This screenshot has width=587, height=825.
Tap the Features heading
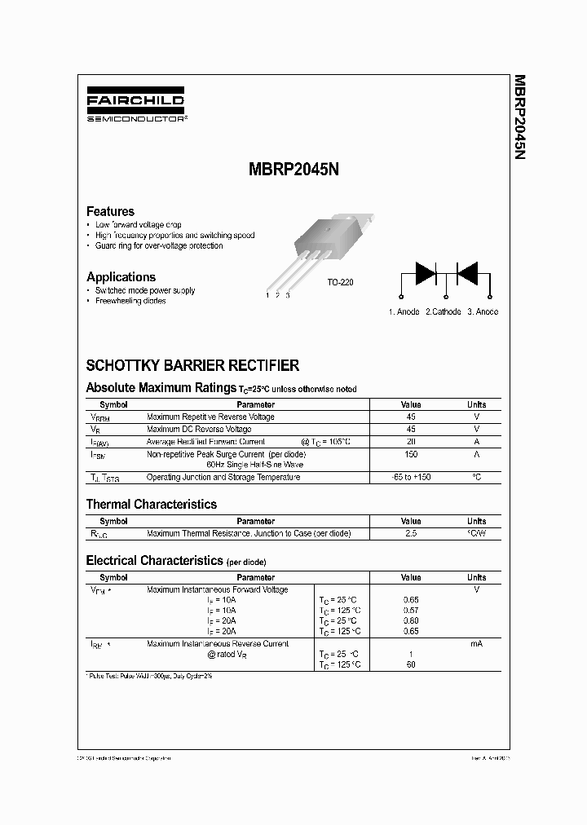pyautogui.click(x=110, y=211)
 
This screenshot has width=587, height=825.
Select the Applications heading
pyautogui.click(x=121, y=277)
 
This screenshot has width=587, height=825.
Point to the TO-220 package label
pyautogui.click(x=340, y=282)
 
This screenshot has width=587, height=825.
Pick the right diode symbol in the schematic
pyautogui.click(x=467, y=273)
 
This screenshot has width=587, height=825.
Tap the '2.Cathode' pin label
pyautogui.click(x=443, y=311)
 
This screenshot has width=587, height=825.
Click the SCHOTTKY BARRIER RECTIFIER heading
pyautogui.click(x=192, y=366)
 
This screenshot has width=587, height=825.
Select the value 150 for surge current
pyautogui.click(x=411, y=453)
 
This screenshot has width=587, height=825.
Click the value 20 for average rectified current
pyautogui.click(x=411, y=441)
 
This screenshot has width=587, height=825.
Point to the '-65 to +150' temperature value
pyautogui.click(x=411, y=477)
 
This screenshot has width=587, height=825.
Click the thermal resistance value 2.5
pyautogui.click(x=411, y=533)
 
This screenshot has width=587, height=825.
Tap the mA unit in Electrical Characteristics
pyautogui.click(x=476, y=644)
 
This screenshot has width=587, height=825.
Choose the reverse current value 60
pyautogui.click(x=411, y=664)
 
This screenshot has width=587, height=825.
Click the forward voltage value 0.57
pyautogui.click(x=411, y=610)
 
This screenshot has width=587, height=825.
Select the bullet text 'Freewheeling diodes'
pyautogui.click(x=130, y=301)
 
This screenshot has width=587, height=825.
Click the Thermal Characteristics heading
pyautogui.click(x=152, y=505)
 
